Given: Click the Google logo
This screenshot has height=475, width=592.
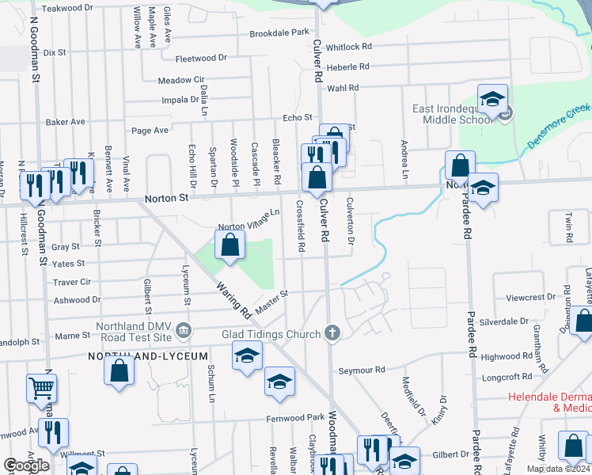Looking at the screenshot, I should pyautogui.click(x=26, y=465).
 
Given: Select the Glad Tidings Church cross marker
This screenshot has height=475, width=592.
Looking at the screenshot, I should pyautogui.click(x=332, y=333).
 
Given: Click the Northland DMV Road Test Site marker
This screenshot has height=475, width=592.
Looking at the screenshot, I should pyautogui.click(x=184, y=329).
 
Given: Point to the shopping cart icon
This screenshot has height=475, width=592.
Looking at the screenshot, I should pyautogui.click(x=42, y=387).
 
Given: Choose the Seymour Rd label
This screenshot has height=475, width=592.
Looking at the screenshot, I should pyautogui.click(x=362, y=370).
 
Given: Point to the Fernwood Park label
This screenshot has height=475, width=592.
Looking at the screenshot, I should pyautogui.click(x=296, y=417).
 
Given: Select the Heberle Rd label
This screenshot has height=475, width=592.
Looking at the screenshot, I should pyautogui.click(x=348, y=68).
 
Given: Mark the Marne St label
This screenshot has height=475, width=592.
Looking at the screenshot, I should pyautogui.click(x=72, y=336).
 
